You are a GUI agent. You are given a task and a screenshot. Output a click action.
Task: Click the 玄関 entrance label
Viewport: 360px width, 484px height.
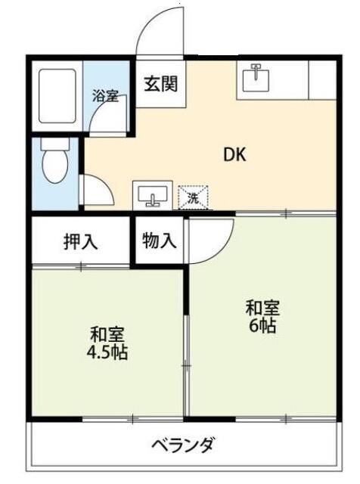160,82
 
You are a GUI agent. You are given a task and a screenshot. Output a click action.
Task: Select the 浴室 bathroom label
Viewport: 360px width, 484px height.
106,96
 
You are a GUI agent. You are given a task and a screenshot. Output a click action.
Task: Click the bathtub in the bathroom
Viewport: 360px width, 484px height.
57,96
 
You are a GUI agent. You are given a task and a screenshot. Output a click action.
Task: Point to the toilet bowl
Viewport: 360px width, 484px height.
54,164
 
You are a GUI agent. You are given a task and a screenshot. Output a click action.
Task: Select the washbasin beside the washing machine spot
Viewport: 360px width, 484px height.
154,196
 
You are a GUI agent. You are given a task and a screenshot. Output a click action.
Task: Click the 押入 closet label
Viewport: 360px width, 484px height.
79,242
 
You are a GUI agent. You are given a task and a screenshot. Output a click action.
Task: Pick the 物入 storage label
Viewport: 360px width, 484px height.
160,241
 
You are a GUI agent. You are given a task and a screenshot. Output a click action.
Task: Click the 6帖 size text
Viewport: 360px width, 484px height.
264,327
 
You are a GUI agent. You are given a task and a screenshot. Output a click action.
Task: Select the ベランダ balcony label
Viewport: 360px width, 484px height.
182,445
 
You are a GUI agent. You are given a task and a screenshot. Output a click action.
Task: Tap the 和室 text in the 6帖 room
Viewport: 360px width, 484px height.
263,309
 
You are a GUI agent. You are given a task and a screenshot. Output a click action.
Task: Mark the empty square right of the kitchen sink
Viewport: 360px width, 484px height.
322,79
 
